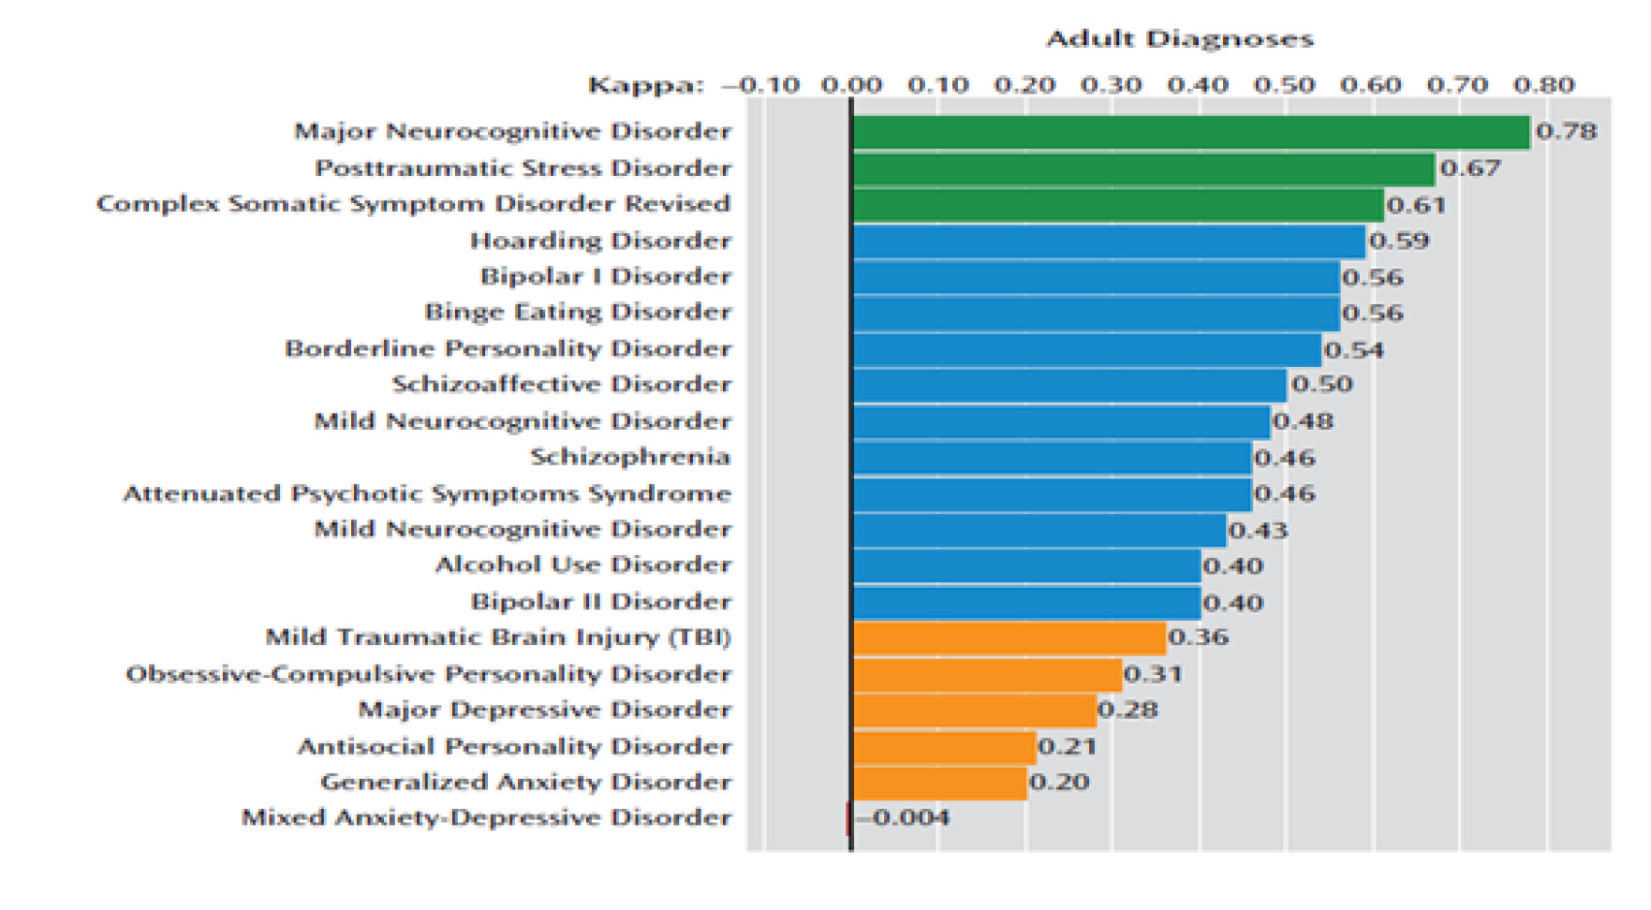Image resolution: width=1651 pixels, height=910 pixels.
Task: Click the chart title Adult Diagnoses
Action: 1179,38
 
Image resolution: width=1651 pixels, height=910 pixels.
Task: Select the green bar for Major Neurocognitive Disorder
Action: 1190,132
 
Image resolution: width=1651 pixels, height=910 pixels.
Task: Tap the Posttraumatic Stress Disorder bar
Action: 1142,169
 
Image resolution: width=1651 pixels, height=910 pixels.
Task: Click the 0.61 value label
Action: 1416,205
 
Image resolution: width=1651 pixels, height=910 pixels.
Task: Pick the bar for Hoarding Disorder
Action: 1109,242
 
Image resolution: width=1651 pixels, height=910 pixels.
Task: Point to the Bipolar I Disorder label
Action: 605,277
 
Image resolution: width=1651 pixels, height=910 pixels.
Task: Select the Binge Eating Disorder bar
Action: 1096,313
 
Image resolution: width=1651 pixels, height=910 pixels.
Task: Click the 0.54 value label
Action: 1354,350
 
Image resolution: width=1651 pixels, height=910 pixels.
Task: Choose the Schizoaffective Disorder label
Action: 561,385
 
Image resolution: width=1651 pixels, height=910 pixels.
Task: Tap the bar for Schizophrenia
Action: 1052,458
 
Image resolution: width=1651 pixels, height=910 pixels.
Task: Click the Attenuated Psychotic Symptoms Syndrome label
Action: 427,493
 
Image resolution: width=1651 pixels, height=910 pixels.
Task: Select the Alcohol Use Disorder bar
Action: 1026,565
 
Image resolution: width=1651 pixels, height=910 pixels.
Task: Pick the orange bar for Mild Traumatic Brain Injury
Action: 1009,638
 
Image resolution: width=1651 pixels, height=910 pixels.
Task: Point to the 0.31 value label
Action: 1153,674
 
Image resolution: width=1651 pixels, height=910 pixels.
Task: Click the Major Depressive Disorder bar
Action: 974,711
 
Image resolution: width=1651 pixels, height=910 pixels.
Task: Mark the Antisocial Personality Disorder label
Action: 514,747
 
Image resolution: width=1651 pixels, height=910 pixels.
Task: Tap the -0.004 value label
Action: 903,818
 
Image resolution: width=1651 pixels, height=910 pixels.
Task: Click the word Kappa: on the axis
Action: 645,86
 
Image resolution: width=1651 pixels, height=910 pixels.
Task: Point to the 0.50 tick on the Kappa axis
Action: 1285,85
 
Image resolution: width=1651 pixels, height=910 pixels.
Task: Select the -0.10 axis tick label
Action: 761,85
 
